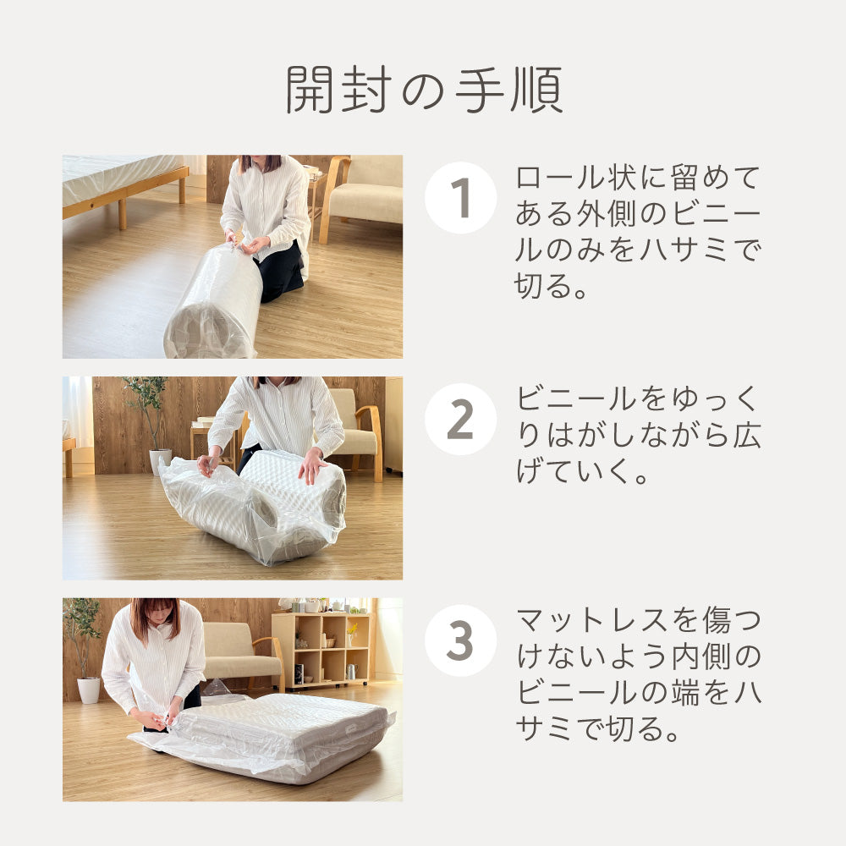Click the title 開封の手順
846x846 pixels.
click(423, 90)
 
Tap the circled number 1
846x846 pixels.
click(459, 198)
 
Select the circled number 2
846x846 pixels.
click(459, 420)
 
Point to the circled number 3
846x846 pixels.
click(459, 640)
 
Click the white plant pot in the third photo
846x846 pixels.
click(89, 689)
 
